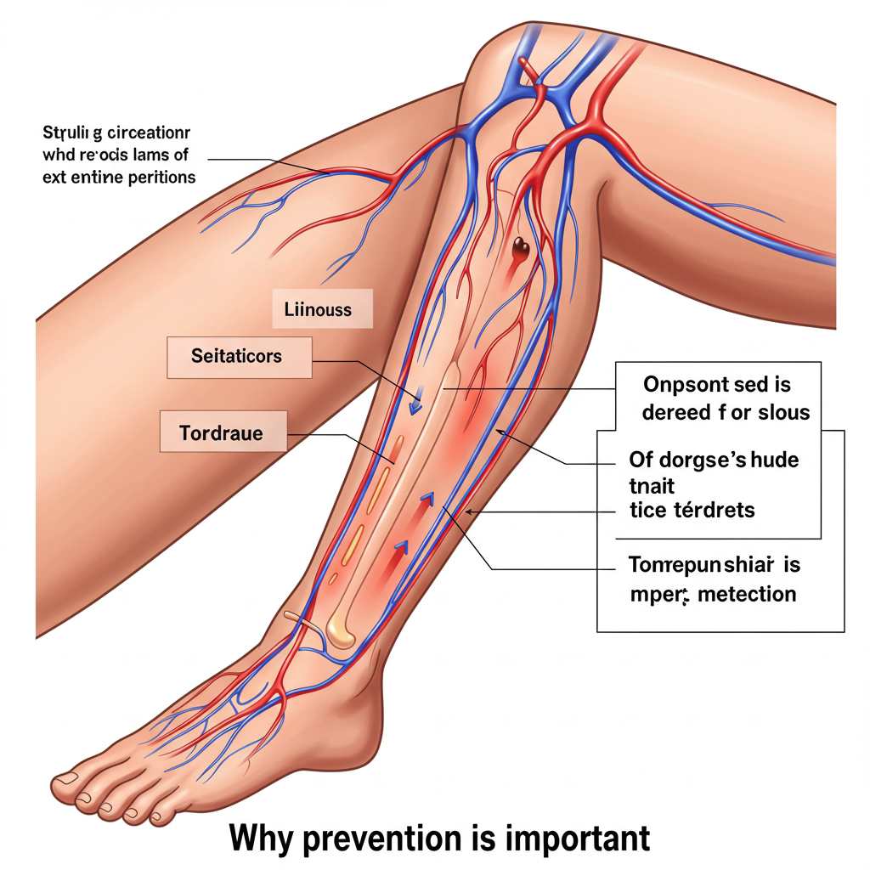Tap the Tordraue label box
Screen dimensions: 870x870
click(x=222, y=433)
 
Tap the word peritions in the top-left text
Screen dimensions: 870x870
click(x=160, y=178)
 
